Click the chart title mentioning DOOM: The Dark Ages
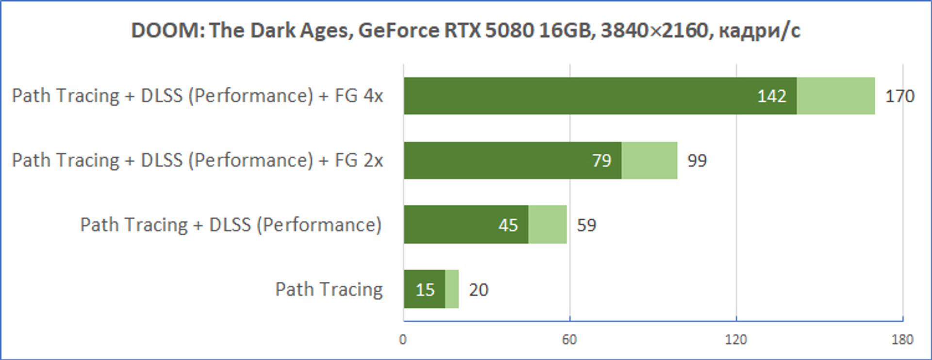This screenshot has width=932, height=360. (466, 31)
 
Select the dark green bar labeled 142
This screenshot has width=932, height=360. (600, 96)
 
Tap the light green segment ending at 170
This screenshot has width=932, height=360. (836, 96)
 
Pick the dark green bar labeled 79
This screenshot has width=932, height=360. (513, 160)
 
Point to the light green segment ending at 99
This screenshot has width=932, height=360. (649, 160)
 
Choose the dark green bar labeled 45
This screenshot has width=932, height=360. (466, 225)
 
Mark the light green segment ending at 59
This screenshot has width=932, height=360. (548, 225)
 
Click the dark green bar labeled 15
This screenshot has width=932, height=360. (424, 289)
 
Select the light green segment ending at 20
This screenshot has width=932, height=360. (452, 289)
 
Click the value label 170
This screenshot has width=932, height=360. (900, 96)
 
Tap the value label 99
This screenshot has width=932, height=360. (697, 161)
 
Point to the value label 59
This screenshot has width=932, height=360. (586, 225)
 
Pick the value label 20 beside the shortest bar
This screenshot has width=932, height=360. (479, 290)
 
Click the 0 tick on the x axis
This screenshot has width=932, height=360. (403, 339)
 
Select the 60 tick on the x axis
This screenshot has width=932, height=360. (569, 339)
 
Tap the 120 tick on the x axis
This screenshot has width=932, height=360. (736, 339)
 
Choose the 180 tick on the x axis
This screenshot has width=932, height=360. (902, 339)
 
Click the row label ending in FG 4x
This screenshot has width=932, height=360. (198, 96)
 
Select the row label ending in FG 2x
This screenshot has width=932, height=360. (198, 161)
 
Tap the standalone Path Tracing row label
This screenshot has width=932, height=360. (329, 290)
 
